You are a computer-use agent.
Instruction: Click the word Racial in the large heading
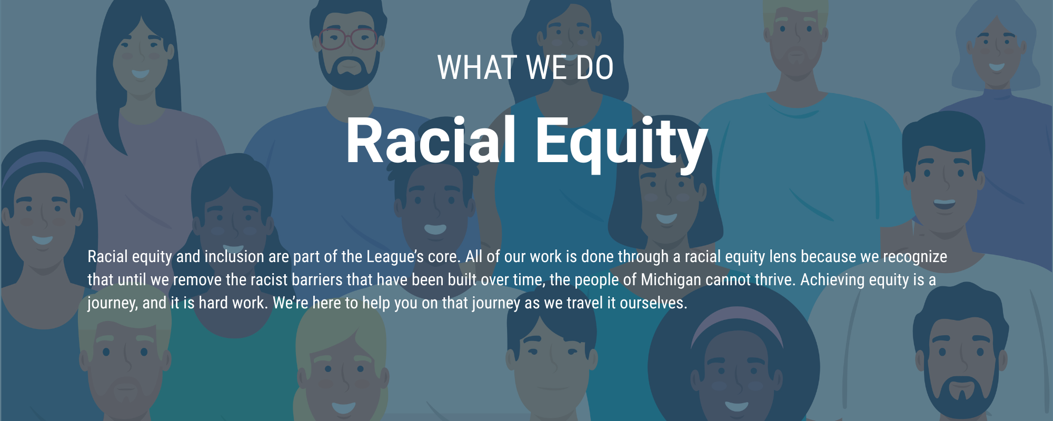(x=431, y=141)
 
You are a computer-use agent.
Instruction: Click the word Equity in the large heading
(x=622, y=143)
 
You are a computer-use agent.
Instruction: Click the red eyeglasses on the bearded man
(x=348, y=38)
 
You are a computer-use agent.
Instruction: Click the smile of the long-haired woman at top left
(x=140, y=74)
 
